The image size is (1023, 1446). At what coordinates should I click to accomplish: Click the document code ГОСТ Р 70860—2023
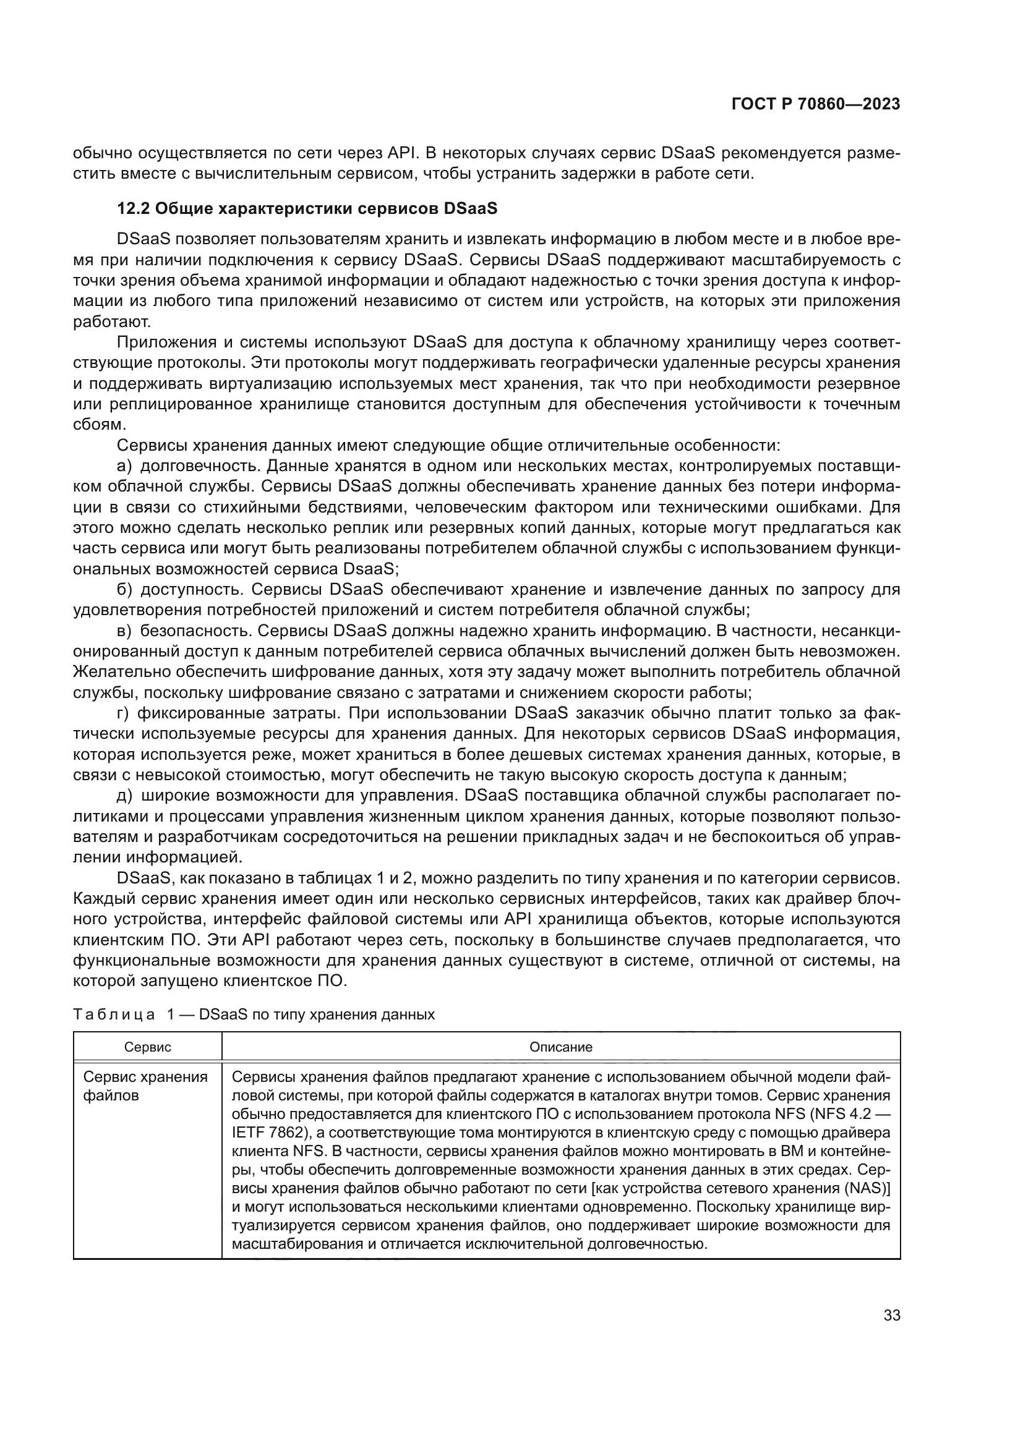(x=815, y=104)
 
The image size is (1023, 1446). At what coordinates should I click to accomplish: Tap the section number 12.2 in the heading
(x=133, y=209)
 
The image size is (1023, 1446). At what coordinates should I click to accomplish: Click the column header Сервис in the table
(x=147, y=1047)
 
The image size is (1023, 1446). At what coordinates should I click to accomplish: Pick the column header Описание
(x=560, y=1047)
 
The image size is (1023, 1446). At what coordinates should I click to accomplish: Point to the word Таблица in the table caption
(x=114, y=1014)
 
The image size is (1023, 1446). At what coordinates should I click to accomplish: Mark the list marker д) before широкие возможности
(x=124, y=796)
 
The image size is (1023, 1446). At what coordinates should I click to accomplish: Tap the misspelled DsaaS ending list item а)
(x=371, y=569)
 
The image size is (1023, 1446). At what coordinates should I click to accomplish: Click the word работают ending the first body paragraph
(x=111, y=323)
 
